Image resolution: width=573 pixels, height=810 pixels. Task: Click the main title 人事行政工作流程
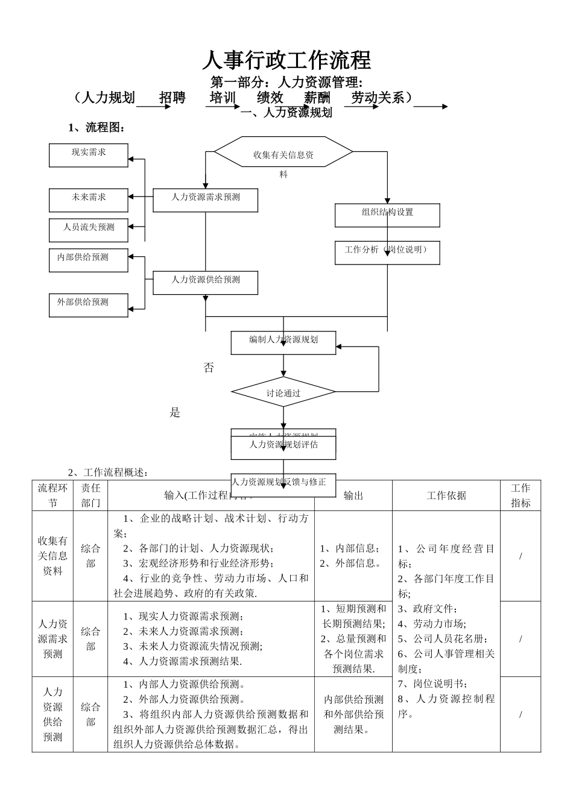pyautogui.click(x=286, y=60)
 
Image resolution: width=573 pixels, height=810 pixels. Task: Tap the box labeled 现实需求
pyautogui.click(x=89, y=155)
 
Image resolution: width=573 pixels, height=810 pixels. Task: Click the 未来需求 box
pyautogui.click(x=89, y=199)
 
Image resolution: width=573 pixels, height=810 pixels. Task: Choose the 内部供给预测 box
pyautogui.click(x=89, y=260)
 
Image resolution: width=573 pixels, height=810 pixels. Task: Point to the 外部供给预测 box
pyautogui.click(x=89, y=304)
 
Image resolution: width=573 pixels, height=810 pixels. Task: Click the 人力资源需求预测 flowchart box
pyautogui.click(x=205, y=199)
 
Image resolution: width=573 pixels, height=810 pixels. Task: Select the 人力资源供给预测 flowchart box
pyautogui.click(x=205, y=282)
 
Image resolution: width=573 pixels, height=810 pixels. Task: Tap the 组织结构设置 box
pyautogui.click(x=387, y=215)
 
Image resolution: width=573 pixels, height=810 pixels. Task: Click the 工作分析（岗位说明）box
pyautogui.click(x=387, y=252)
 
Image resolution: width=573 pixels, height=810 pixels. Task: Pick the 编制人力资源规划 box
pyautogui.click(x=283, y=342)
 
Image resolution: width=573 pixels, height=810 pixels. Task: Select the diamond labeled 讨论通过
pyautogui.click(x=283, y=393)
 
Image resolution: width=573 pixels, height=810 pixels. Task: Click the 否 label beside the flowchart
pyautogui.click(x=209, y=368)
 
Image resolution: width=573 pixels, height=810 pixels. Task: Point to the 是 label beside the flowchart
pyautogui.click(x=175, y=413)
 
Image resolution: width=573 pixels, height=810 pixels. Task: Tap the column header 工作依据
pyautogui.click(x=446, y=495)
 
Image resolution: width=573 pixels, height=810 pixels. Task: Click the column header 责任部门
pyautogui.click(x=90, y=495)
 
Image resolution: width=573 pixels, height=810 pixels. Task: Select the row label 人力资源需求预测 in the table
pyautogui.click(x=52, y=639)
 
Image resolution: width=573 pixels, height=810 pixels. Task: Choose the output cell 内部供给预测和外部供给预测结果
pyautogui.click(x=353, y=714)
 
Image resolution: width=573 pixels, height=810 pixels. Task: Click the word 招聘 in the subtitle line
pyautogui.click(x=173, y=98)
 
